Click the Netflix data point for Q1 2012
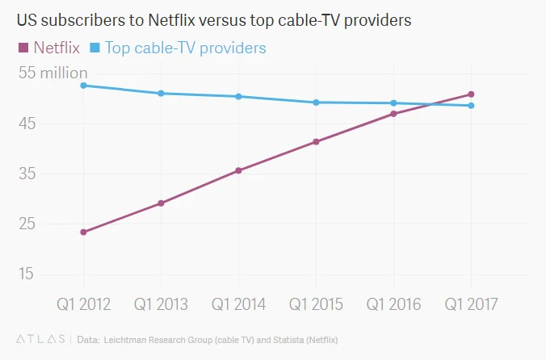(83, 232)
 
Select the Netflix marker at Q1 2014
(238, 170)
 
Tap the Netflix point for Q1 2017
(471, 94)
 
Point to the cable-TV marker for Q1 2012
(83, 86)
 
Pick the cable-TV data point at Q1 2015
(316, 103)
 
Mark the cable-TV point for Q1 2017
(471, 106)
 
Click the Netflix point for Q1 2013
(161, 203)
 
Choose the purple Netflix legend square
(23, 48)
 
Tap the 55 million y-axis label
(52, 73)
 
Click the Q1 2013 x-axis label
(161, 304)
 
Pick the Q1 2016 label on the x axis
(393, 304)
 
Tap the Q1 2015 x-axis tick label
(316, 304)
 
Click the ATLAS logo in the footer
(40, 340)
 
